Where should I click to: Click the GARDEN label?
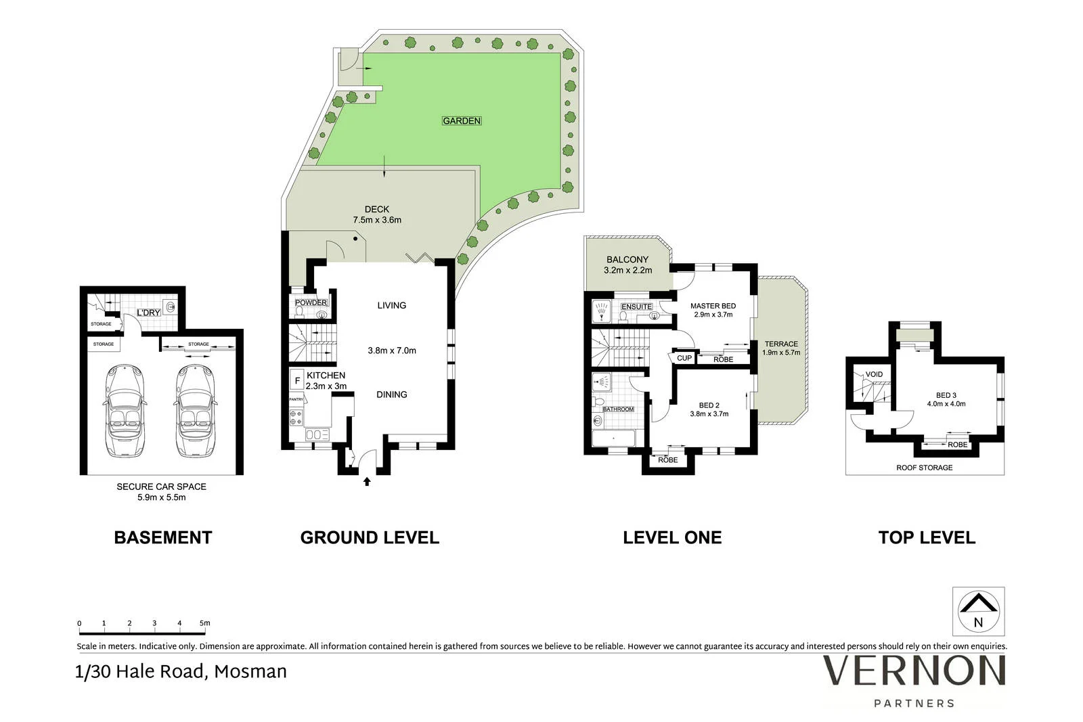click(x=461, y=121)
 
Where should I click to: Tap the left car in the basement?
click(x=125, y=411)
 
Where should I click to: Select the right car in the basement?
click(x=196, y=411)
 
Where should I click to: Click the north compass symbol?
click(x=978, y=611)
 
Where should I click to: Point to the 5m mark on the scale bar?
click(x=205, y=623)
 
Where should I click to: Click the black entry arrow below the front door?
click(x=367, y=481)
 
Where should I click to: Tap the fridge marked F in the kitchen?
click(x=297, y=380)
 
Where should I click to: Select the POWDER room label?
click(x=311, y=302)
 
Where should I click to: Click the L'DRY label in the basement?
click(x=148, y=313)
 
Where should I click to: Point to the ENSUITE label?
click(x=637, y=307)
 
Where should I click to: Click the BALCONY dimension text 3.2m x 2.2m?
click(x=627, y=270)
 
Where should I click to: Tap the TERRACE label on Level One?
click(x=781, y=344)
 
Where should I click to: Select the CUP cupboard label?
click(x=684, y=358)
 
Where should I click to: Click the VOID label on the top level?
click(x=874, y=374)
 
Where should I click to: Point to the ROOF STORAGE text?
click(x=925, y=468)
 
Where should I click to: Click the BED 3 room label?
click(x=946, y=395)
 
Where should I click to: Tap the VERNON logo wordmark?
click(x=914, y=671)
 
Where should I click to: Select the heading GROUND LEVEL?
click(x=370, y=537)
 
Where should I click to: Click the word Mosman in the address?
click(x=250, y=672)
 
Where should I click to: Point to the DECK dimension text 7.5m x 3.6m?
click(x=377, y=220)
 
